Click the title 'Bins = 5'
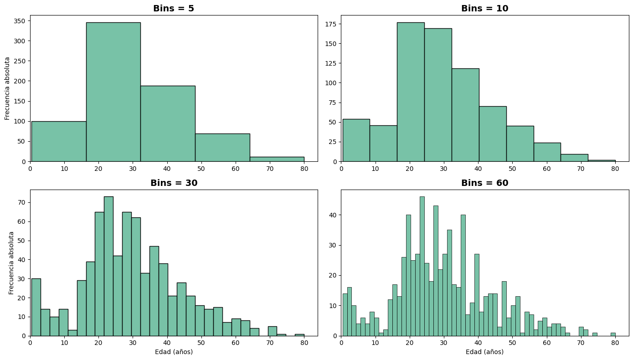coord(174,8)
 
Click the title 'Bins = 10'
coord(484,8)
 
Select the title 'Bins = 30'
coord(174,183)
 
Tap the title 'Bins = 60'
coord(484,183)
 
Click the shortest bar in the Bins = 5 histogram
coord(277,159)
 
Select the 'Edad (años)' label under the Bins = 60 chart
coord(484,352)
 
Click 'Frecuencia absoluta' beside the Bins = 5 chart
coord(7,88)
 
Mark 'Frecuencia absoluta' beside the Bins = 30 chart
coord(11,263)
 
